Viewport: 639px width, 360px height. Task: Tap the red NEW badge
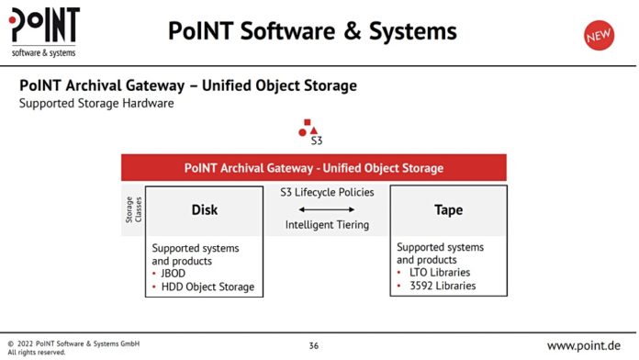pyautogui.click(x=599, y=35)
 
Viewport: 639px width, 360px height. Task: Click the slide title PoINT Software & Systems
pyautogui.click(x=312, y=32)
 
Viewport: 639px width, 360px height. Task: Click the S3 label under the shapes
pyautogui.click(x=316, y=141)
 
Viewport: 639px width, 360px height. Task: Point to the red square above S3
pyautogui.click(x=308, y=122)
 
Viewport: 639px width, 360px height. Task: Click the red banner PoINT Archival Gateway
pyautogui.click(x=314, y=168)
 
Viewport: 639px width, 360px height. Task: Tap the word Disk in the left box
pyautogui.click(x=204, y=210)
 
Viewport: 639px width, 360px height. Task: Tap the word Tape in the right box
pyautogui.click(x=448, y=210)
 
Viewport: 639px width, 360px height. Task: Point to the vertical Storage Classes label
pyautogui.click(x=133, y=209)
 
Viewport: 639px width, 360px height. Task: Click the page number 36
pyautogui.click(x=314, y=345)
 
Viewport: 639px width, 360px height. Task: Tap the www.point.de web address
pyautogui.click(x=583, y=345)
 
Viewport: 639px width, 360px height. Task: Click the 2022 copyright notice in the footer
pyautogui.click(x=73, y=343)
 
